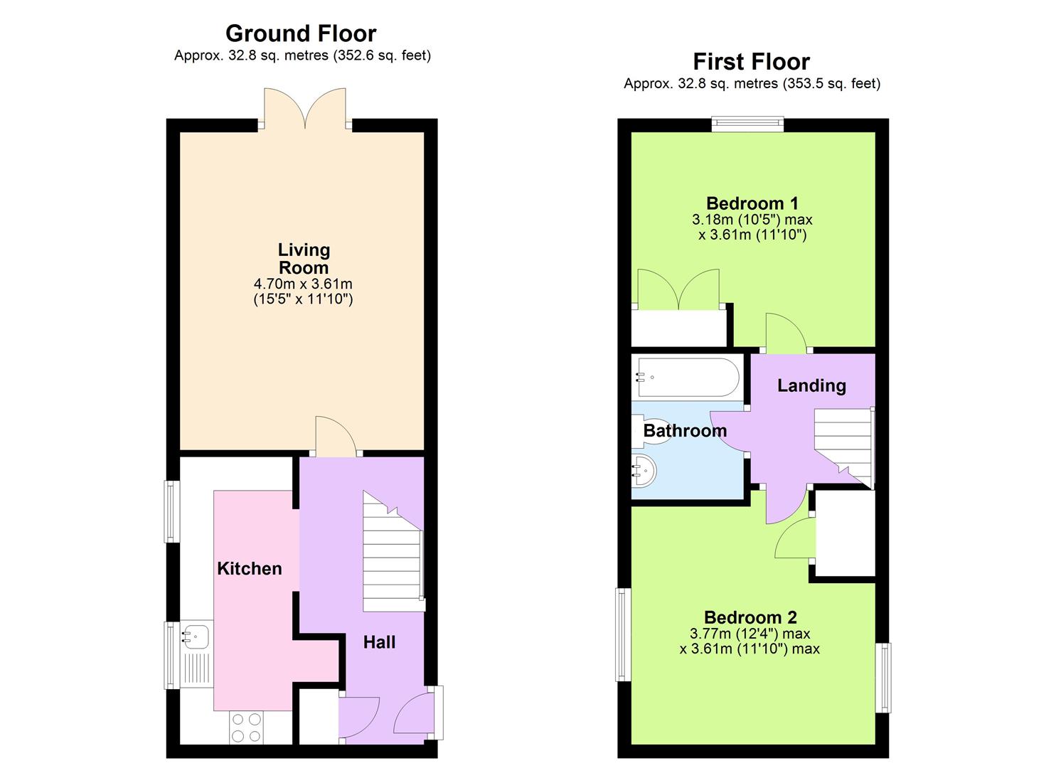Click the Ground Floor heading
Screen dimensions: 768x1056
click(x=301, y=33)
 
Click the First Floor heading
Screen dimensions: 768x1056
click(x=751, y=62)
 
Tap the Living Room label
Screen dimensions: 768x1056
click(x=304, y=259)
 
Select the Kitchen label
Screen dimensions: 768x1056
click(x=250, y=568)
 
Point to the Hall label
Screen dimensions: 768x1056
click(x=379, y=642)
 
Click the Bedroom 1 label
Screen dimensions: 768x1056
click(x=752, y=203)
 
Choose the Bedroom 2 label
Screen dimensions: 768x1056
click(x=750, y=617)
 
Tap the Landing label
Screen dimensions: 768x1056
click(x=811, y=385)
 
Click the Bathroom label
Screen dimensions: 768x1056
click(x=685, y=430)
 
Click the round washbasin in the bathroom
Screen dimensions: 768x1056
click(x=644, y=471)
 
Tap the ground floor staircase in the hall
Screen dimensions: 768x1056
click(x=393, y=562)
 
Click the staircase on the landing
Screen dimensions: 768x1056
click(x=844, y=444)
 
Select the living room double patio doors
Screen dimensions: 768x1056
click(x=305, y=109)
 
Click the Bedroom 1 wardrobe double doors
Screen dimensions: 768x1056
click(x=679, y=291)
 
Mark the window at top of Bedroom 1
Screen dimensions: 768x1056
click(x=748, y=124)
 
